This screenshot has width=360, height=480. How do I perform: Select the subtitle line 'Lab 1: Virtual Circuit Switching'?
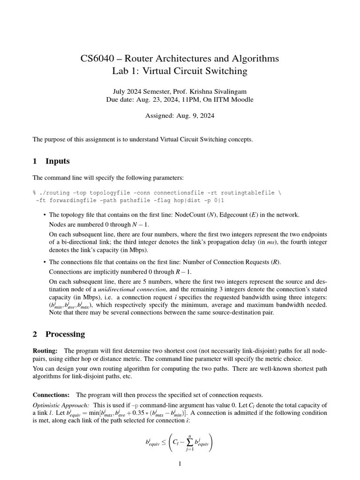tap(180, 71)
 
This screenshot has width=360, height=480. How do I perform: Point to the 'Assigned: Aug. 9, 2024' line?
tap(180, 116)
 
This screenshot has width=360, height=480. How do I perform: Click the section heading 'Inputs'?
tap(57, 161)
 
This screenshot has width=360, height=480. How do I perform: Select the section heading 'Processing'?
tap(65, 334)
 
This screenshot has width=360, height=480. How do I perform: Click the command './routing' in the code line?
tap(54, 193)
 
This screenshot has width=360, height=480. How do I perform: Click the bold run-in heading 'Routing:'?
tap(45, 351)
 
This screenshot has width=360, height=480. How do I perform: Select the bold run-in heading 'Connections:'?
tap(51, 395)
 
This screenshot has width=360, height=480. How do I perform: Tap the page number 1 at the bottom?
tap(180, 464)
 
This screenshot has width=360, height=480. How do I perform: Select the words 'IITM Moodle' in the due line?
tap(235, 99)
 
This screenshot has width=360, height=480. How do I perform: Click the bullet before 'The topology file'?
tap(44, 215)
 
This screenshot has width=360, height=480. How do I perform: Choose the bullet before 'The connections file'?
tap(44, 262)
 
